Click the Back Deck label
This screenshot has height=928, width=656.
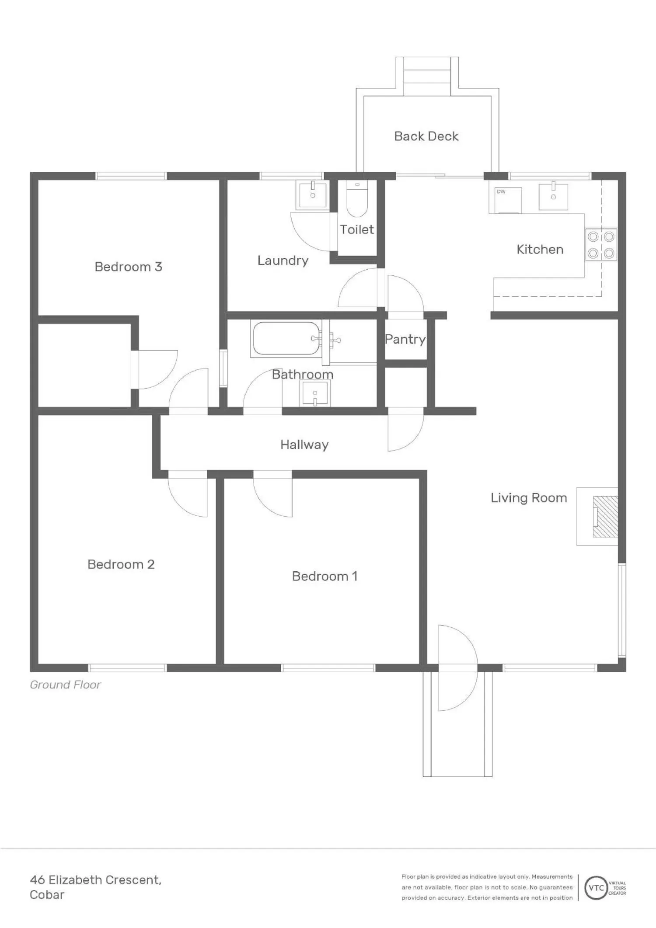coord(426,136)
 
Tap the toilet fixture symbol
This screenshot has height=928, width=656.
coord(357,199)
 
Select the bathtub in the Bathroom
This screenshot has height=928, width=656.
coord(286,339)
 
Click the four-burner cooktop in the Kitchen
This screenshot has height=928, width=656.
coord(601,245)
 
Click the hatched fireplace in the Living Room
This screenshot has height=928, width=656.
coord(605,517)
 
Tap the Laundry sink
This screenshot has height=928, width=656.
coord(313,194)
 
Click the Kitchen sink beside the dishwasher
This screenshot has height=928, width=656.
coord(553,197)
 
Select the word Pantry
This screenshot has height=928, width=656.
coord(405,339)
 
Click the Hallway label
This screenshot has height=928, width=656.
coord(304,445)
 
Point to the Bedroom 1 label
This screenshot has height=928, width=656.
coord(325,576)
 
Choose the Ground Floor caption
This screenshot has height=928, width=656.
coord(65,685)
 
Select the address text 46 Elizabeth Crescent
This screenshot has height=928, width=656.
coord(96,879)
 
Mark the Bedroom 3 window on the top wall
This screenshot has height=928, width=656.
coord(131,176)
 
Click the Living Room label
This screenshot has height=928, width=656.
coord(529,498)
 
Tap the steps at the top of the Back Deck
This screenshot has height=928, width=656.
coord(427,76)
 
